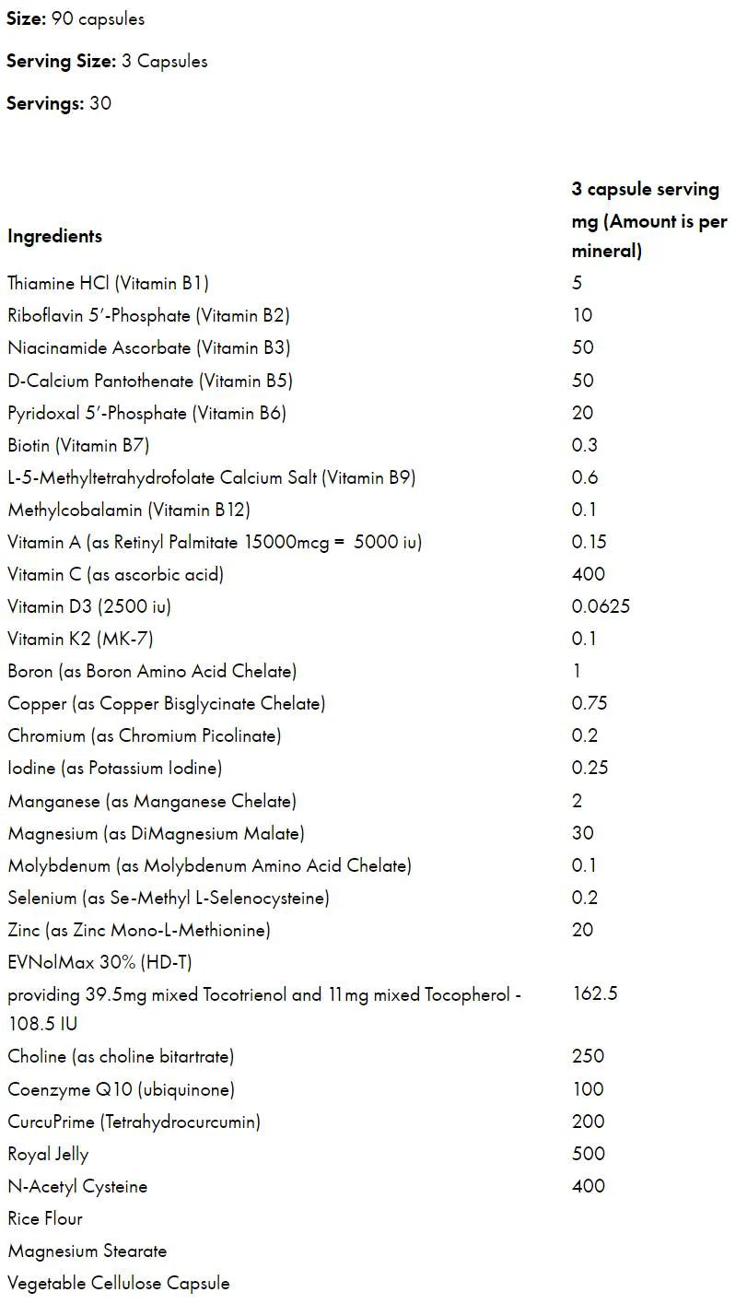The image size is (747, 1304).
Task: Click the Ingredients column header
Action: [x=54, y=236]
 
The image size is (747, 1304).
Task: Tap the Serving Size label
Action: [x=61, y=62]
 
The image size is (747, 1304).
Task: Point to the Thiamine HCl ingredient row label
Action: [x=114, y=283]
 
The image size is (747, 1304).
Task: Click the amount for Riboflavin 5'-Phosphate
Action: [x=582, y=315]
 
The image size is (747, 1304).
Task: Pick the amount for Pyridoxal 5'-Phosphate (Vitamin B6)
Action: [x=582, y=413]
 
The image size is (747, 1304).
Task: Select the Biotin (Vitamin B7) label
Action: [x=78, y=445]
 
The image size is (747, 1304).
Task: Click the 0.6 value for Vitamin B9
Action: [x=585, y=477]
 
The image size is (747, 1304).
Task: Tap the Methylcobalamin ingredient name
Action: [x=129, y=510]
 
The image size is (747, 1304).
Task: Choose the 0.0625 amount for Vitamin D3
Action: [x=601, y=606]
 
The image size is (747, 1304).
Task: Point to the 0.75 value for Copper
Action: [x=589, y=703]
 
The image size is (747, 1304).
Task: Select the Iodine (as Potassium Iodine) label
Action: [x=115, y=768]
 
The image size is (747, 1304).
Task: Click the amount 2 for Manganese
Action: [x=578, y=801]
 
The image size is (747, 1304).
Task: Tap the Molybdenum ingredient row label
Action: [x=209, y=865]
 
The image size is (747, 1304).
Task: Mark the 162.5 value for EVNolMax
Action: [x=594, y=994]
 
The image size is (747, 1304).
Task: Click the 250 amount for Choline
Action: [x=588, y=1056]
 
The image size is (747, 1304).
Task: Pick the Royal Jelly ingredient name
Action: [x=48, y=1154]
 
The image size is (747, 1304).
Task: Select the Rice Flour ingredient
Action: [x=45, y=1218]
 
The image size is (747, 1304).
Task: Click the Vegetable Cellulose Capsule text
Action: [x=119, y=1283]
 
